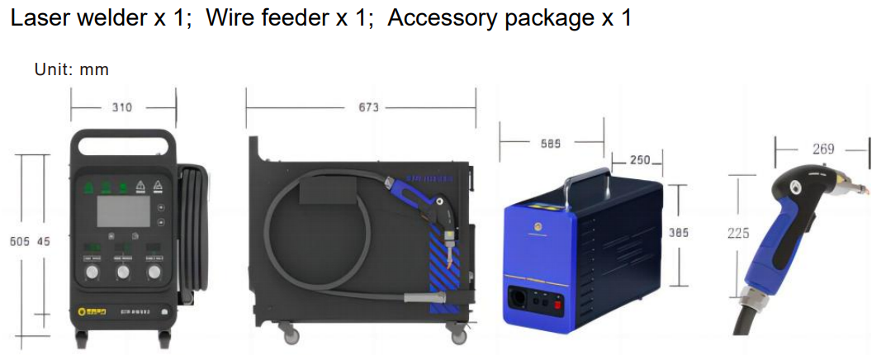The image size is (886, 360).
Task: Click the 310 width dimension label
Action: [x=121, y=107]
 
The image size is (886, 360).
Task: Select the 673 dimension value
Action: [x=368, y=107]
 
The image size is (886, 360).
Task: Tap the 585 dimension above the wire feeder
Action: [x=551, y=143]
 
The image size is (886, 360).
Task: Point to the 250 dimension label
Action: [x=640, y=159]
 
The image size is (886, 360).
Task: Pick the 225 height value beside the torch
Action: [x=738, y=234]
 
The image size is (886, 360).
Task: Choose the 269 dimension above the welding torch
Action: [x=823, y=149]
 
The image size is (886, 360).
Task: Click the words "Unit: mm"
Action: [x=71, y=69]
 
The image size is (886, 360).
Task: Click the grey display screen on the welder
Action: [x=123, y=211]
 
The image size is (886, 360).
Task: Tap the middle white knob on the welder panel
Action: [x=123, y=272]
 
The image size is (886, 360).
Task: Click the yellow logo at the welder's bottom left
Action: [x=83, y=311]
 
